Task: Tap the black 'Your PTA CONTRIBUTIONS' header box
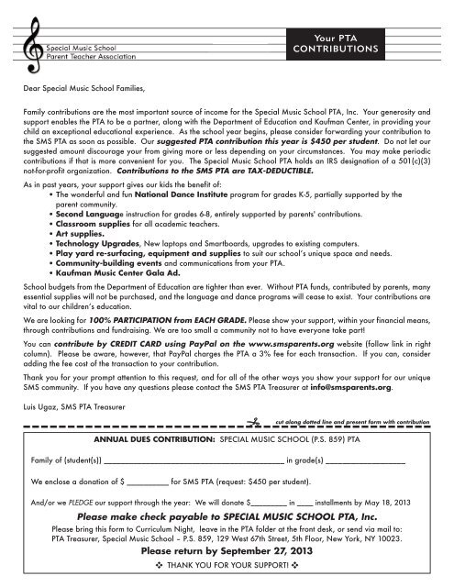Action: pos(377,42)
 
